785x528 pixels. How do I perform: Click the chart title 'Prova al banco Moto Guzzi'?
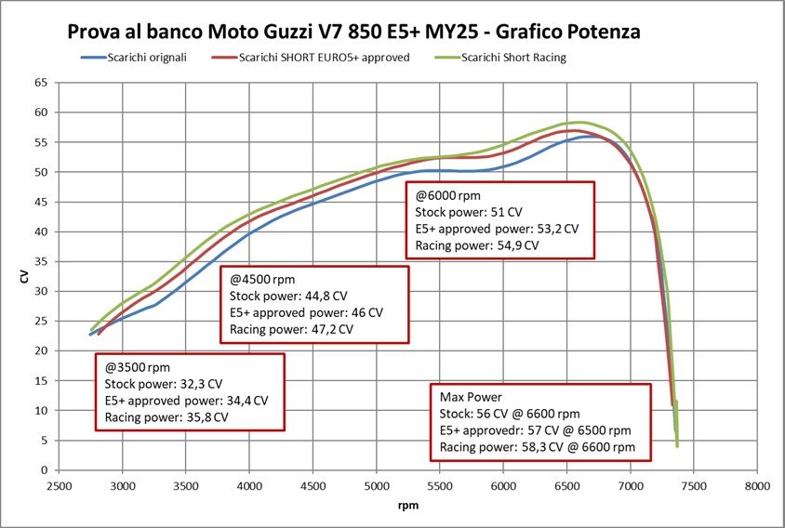point(353,32)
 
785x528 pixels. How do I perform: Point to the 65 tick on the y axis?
point(41,83)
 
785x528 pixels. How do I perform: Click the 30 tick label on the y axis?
point(41,291)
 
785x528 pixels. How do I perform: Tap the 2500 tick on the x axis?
point(59,486)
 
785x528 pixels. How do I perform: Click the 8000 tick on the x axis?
point(756,486)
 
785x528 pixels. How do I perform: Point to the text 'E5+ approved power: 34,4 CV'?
point(186,400)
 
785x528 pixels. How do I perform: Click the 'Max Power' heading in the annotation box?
point(471,397)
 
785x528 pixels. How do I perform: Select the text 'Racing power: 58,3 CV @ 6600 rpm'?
point(538,447)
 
